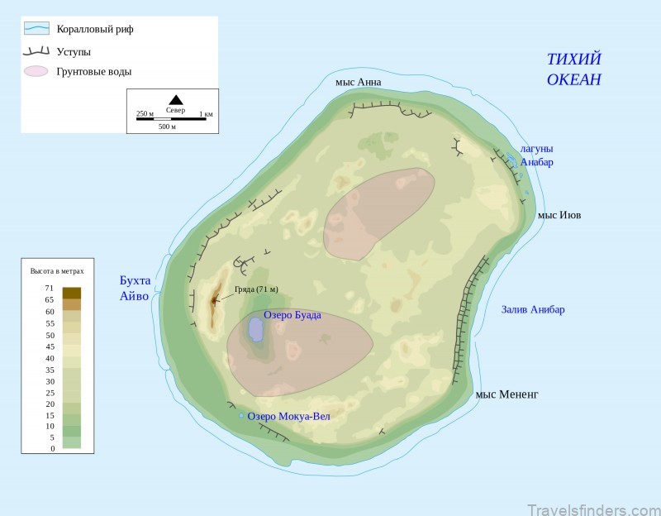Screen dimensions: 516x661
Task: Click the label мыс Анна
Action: [x=359, y=83]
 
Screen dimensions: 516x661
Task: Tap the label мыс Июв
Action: [x=559, y=215]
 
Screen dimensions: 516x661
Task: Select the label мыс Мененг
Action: [x=506, y=394]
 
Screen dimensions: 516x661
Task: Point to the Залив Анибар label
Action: [x=533, y=310]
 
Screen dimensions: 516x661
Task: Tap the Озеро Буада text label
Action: [x=292, y=315]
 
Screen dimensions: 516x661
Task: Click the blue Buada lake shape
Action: [x=256, y=329]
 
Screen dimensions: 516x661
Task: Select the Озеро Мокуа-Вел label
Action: [x=288, y=416]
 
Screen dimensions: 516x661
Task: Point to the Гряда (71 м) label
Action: [x=255, y=289]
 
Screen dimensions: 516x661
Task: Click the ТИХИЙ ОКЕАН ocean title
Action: [x=574, y=69]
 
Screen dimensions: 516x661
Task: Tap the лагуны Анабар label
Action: [x=536, y=155]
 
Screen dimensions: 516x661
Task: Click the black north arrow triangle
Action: [x=176, y=100]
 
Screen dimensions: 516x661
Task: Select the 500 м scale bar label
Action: [x=168, y=127]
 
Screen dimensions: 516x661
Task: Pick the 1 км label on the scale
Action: [x=206, y=113]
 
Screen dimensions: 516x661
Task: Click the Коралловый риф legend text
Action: [x=95, y=29]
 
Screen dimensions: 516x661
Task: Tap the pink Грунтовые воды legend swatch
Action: [x=36, y=71]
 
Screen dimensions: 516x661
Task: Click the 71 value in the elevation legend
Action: [x=50, y=289]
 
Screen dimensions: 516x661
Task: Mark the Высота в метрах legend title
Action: [x=57, y=270]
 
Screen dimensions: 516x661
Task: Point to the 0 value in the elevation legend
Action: [x=52, y=448]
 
